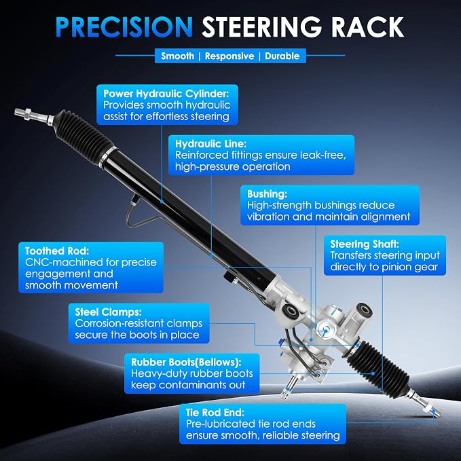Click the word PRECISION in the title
(x=124, y=27)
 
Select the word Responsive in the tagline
(x=229, y=56)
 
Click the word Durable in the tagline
(x=282, y=56)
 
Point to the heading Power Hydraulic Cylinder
(x=166, y=94)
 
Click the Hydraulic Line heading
(x=210, y=144)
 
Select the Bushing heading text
(x=268, y=194)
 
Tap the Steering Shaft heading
(x=365, y=244)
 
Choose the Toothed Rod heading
(x=57, y=251)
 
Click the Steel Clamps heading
(x=108, y=312)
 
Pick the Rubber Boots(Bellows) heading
(x=186, y=363)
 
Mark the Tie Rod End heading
(x=215, y=413)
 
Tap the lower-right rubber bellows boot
(x=380, y=365)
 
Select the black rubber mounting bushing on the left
(x=291, y=312)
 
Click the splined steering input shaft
(x=290, y=386)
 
